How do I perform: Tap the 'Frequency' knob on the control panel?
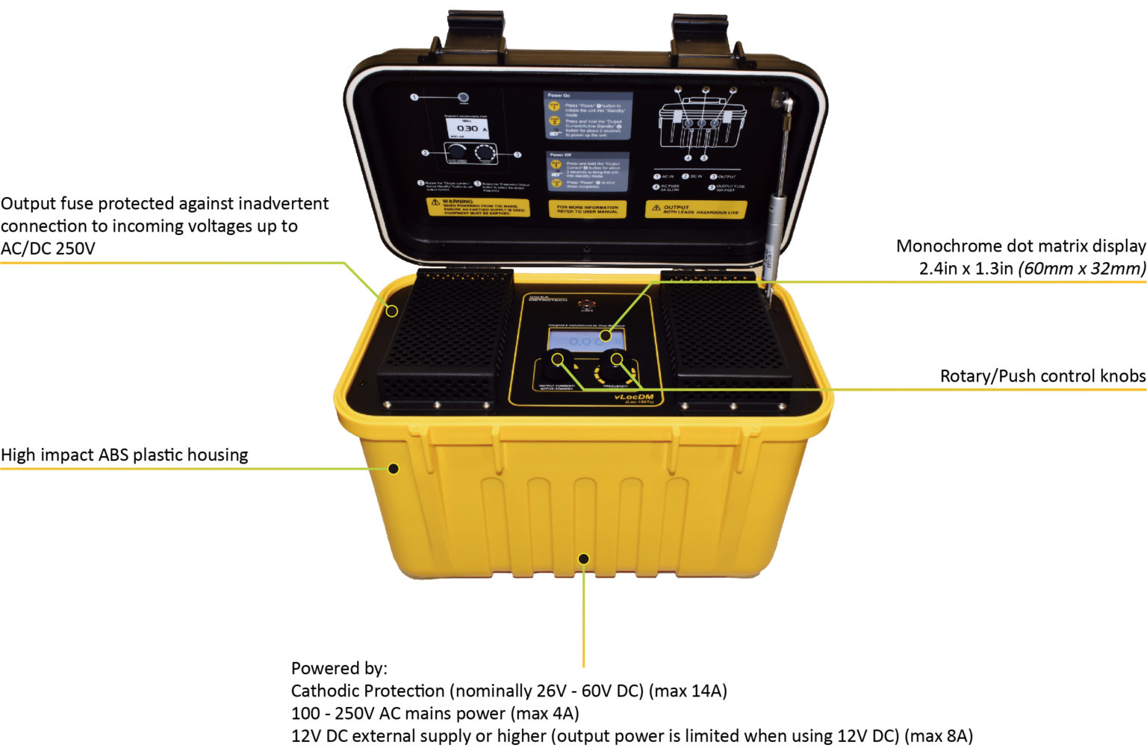(x=615, y=363)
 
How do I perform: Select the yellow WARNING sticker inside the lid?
(x=478, y=207)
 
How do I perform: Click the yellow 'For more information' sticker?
(x=588, y=209)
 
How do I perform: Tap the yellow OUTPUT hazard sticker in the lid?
(x=695, y=210)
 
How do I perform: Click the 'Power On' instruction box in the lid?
(x=588, y=116)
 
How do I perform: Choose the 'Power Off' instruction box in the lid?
(x=588, y=172)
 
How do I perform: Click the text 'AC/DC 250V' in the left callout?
(x=49, y=249)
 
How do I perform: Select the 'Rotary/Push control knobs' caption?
(x=1042, y=376)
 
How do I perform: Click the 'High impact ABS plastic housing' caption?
(x=125, y=455)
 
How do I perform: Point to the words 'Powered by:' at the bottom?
(x=339, y=668)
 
